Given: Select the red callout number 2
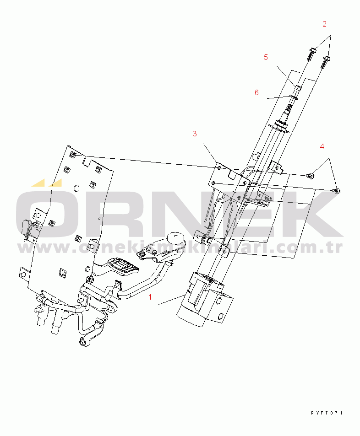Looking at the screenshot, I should pos(324,23).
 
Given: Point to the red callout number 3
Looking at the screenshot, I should pos(195,134).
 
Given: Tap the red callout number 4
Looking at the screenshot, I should pos(322,146).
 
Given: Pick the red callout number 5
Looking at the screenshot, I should pos(266,57).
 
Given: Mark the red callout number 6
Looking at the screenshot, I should pos(256,92).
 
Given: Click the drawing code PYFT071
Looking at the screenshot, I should pos(327,413).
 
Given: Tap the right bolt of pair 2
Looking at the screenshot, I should pos(327,60).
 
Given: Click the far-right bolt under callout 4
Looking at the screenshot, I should pos(337,190).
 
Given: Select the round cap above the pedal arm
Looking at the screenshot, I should pos(175,238).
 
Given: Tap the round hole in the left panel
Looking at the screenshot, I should pos(76,188).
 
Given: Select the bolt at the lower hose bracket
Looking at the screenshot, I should pos(83,342).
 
